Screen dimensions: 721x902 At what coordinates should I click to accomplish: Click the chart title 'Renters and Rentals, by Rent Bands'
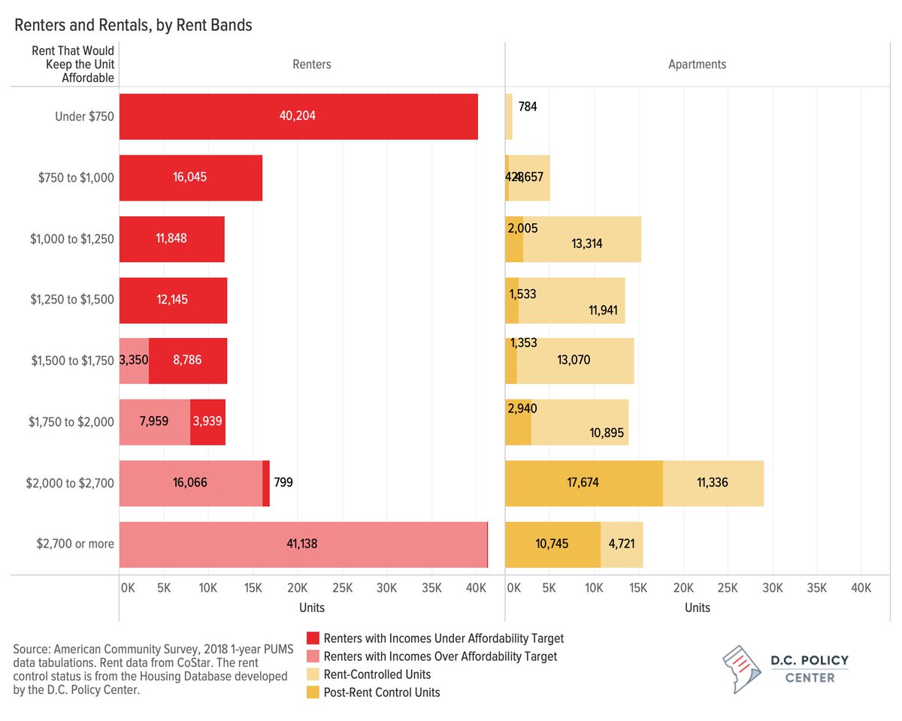tap(133, 25)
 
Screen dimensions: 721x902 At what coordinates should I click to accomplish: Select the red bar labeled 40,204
tap(298, 116)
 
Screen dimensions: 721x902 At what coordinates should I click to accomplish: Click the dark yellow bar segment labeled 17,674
tap(583, 483)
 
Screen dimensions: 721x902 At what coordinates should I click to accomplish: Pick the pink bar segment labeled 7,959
tap(155, 422)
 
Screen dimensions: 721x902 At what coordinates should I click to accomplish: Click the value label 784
tap(528, 107)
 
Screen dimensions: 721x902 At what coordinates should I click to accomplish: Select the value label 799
tap(283, 483)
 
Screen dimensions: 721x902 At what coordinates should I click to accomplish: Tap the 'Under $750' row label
tap(84, 116)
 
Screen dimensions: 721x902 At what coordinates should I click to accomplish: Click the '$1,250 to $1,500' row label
tap(72, 300)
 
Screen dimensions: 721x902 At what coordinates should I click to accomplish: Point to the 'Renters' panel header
tap(311, 65)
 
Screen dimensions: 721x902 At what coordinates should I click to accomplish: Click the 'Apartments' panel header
tap(697, 65)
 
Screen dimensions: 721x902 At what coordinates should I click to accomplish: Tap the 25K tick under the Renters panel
tap(342, 587)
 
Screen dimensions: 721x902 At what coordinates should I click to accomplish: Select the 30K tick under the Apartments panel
tap(773, 587)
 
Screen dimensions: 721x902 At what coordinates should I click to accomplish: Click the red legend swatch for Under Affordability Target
tap(313, 638)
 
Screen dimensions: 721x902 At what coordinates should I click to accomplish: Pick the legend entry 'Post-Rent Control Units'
tap(381, 692)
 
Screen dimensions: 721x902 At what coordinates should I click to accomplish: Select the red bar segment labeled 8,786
tap(187, 360)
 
